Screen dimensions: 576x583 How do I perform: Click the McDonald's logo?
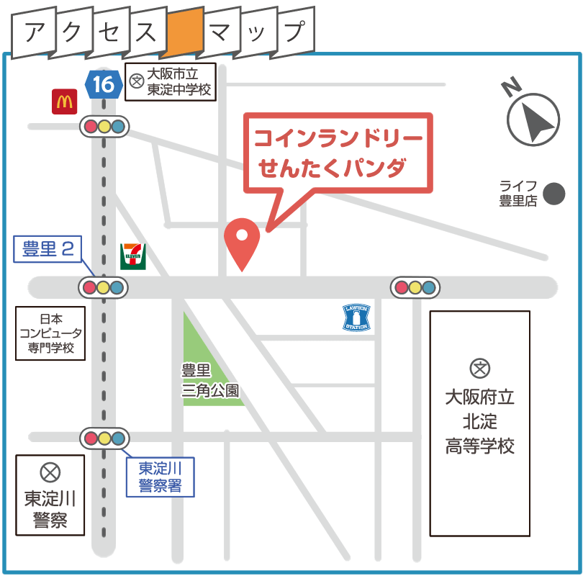(x=64, y=102)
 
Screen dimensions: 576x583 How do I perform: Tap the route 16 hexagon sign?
(x=103, y=84)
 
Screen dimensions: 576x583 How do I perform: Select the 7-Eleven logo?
(x=133, y=256)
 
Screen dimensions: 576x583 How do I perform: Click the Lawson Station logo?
(x=356, y=318)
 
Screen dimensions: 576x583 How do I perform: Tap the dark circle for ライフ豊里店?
(x=553, y=193)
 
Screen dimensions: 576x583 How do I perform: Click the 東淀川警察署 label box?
(x=160, y=477)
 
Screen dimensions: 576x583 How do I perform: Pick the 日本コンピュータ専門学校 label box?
(x=51, y=335)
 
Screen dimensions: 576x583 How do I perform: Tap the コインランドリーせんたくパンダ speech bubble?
(x=338, y=153)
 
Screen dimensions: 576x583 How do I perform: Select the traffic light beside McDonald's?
(x=104, y=127)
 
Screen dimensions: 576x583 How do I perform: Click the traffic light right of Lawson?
(x=415, y=288)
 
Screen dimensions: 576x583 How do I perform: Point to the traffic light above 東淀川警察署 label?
(x=104, y=438)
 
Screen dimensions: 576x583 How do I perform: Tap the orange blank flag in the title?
(x=183, y=32)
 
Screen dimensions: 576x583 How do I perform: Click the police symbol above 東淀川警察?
(x=50, y=472)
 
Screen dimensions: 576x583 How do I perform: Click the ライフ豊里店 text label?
(x=518, y=193)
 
